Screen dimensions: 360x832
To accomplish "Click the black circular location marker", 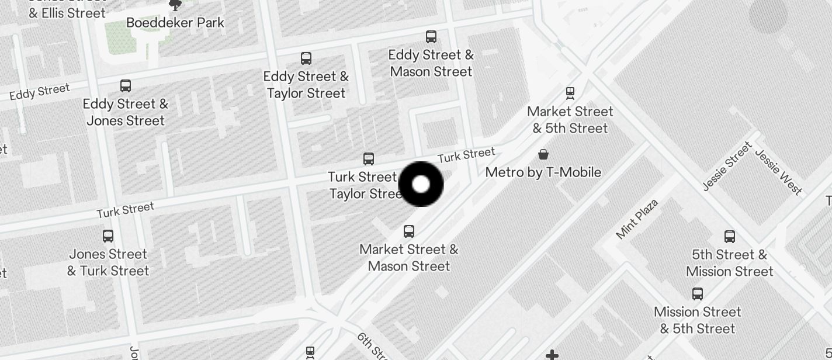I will [421, 184].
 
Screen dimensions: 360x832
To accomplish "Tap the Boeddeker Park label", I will [175, 23].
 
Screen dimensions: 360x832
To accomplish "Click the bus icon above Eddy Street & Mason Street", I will [431, 37].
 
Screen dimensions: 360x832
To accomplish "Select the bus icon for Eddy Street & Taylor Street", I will [306, 58].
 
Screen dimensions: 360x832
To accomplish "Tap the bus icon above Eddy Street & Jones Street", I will [126, 86].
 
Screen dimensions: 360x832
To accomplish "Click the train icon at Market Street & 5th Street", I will [570, 93].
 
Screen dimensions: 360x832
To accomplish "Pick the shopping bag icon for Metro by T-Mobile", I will [543, 154].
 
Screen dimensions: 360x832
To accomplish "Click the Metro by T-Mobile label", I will [543, 172].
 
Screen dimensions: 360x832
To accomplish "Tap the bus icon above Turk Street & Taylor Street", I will [369, 158].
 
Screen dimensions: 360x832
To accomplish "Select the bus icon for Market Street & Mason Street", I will [409, 231].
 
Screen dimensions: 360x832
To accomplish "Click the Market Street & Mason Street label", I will [409, 258].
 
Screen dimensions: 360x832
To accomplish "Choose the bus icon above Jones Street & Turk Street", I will [108, 236].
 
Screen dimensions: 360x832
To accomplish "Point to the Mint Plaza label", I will [637, 219].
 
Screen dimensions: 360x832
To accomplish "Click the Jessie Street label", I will [727, 167].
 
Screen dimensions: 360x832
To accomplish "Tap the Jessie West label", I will [778, 171].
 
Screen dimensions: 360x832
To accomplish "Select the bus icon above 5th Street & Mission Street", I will [730, 237].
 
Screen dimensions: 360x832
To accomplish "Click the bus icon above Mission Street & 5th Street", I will [698, 293].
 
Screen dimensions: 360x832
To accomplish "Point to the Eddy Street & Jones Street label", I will [126, 112].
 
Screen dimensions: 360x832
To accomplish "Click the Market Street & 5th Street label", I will [570, 120].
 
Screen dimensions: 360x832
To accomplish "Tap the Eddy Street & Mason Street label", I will [431, 63].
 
